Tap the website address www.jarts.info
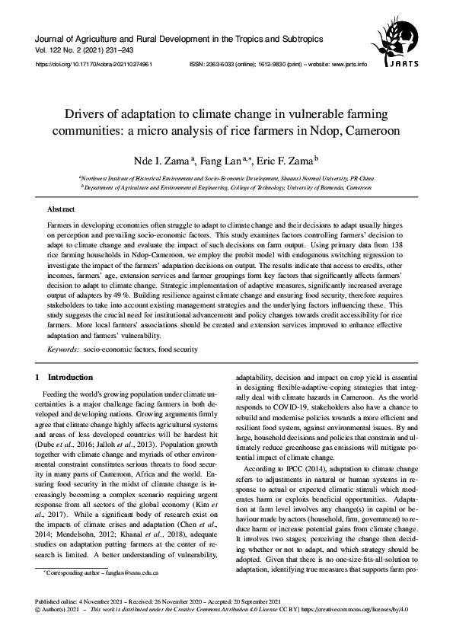click(349, 65)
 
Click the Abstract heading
click(61, 208)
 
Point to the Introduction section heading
click(70, 378)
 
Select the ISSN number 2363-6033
click(218, 65)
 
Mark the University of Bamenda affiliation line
click(228, 185)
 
